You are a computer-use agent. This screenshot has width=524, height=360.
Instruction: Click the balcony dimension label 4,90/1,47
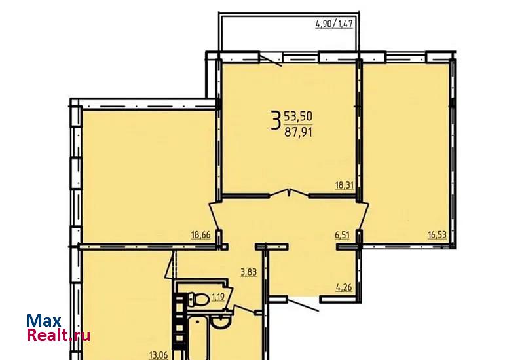pyautogui.click(x=334, y=24)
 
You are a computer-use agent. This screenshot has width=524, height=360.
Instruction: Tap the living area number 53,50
pyautogui.click(x=298, y=117)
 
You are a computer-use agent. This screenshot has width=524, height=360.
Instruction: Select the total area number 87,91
pyautogui.click(x=298, y=133)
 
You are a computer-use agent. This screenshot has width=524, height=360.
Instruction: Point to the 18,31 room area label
pyautogui.click(x=345, y=185)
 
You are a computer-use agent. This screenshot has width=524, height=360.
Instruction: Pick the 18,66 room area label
pyautogui.click(x=201, y=235)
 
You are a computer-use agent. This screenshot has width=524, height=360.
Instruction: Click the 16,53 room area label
pyautogui.click(x=438, y=235)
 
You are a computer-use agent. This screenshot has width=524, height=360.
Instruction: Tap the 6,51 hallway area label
pyautogui.click(x=342, y=235)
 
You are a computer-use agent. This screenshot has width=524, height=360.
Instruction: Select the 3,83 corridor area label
pyautogui.click(x=249, y=272)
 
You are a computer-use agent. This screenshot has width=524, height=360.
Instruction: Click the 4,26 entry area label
pyautogui.click(x=345, y=287)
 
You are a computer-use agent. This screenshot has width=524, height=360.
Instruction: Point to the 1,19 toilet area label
pyautogui.click(x=218, y=297)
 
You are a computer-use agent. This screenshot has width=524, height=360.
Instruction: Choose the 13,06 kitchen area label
pyautogui.click(x=159, y=354)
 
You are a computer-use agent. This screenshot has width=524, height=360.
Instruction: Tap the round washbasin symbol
pyautogui.click(x=220, y=322)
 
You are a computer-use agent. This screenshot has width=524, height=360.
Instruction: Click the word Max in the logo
pyautogui.click(x=44, y=321)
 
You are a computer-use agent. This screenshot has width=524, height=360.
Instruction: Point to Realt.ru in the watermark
pyautogui.click(x=58, y=335)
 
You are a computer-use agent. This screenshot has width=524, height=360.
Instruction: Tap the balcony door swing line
pyautogui.click(x=271, y=61)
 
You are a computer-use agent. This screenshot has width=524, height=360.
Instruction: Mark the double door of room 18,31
pyautogui.click(x=289, y=193)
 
